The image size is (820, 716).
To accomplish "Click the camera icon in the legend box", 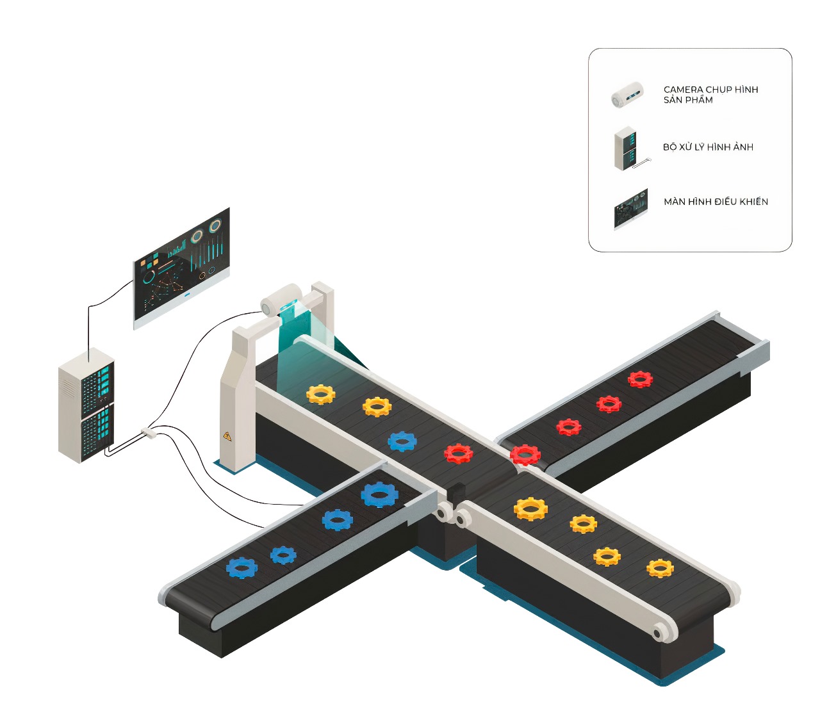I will [627, 95].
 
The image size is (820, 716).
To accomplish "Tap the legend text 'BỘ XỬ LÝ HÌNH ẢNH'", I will [708, 147].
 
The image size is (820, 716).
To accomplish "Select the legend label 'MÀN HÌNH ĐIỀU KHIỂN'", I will [716, 202].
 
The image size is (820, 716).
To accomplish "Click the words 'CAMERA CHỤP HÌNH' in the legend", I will [710, 90].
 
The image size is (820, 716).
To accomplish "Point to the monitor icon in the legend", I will [631, 209].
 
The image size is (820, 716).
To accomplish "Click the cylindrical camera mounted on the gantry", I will [280, 299].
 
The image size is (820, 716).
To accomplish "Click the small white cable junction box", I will [148, 433].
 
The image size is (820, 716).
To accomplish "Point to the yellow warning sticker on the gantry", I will [227, 437].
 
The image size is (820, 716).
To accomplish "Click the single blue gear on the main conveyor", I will [402, 441].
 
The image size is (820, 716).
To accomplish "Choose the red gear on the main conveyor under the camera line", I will [459, 453].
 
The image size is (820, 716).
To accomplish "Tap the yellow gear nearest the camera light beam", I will [321, 394].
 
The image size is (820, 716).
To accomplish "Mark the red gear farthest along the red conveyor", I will [640, 379].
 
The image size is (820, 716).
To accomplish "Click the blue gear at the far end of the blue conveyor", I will [242, 567].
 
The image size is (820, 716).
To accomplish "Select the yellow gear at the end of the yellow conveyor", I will [660, 568].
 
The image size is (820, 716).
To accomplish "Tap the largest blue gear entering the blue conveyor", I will [380, 494].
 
